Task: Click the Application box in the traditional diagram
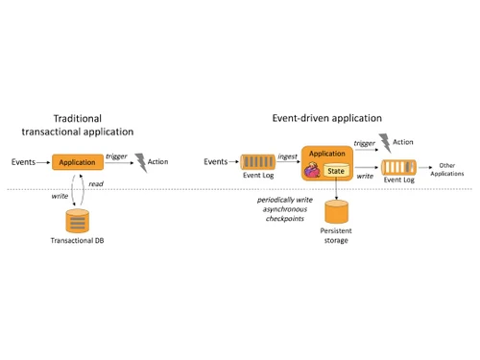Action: point(77,162)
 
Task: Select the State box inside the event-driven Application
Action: point(336,171)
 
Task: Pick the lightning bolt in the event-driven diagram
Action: point(386,143)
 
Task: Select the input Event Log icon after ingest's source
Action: point(254,161)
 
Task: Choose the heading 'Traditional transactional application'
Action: point(77,124)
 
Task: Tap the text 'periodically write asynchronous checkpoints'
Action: point(283,208)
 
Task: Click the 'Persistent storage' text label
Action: point(335,235)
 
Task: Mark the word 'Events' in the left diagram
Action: point(24,162)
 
